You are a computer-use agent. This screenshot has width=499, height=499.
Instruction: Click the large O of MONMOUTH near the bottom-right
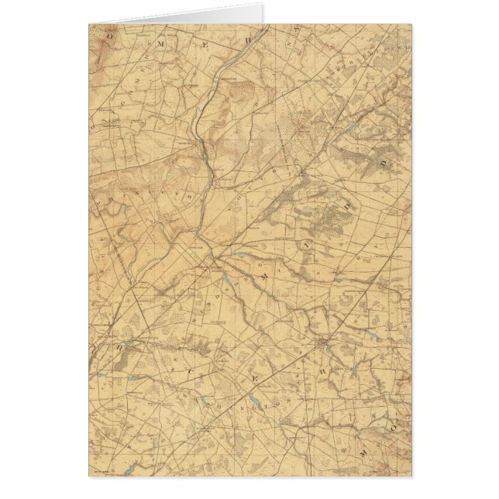click(x=392, y=426)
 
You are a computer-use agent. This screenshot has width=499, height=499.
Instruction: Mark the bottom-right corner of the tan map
click(x=411, y=475)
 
